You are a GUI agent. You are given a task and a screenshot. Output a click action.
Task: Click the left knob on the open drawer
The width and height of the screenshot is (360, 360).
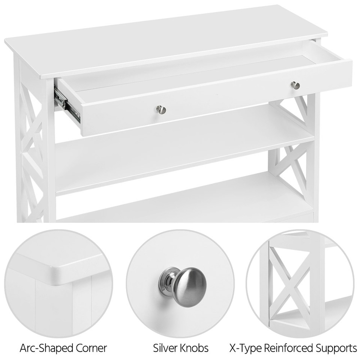coord(161,109)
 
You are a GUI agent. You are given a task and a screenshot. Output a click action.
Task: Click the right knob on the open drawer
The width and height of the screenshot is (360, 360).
coord(295,85)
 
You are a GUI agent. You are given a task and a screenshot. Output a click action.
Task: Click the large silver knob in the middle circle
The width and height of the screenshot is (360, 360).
coord(184,286)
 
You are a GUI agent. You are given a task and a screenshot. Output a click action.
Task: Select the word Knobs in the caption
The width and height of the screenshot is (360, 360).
coord(195,348)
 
